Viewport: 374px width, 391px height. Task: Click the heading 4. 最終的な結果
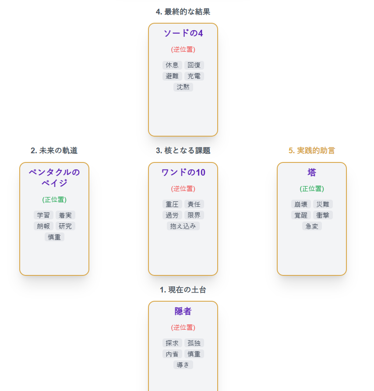tap(183, 12)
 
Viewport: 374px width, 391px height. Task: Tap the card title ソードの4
tap(183, 33)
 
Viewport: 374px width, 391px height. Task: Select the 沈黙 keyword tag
tap(183, 87)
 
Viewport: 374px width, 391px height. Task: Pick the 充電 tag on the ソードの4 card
tap(194, 76)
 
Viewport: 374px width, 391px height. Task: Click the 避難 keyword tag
tap(172, 76)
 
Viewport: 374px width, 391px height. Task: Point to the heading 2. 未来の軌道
tap(54, 151)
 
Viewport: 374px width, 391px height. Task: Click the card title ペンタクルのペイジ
tap(54, 177)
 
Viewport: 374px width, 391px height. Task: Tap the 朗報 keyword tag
tap(43, 226)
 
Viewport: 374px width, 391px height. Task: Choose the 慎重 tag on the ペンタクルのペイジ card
tap(54, 237)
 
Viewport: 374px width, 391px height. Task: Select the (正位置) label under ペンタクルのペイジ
tap(54, 200)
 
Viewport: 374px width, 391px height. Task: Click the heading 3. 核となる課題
tap(183, 151)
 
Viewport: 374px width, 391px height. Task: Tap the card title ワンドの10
tap(183, 173)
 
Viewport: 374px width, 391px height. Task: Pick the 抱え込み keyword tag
tap(183, 226)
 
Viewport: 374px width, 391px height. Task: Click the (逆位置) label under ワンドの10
tap(183, 189)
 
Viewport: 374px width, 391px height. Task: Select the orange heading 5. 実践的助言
tap(312, 151)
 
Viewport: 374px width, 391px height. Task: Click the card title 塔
tap(312, 173)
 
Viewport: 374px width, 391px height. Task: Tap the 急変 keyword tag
tap(312, 226)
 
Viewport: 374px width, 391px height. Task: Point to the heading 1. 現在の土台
tap(183, 290)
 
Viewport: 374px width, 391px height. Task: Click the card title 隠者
tap(183, 311)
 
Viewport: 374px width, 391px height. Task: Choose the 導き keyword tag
tap(183, 365)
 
